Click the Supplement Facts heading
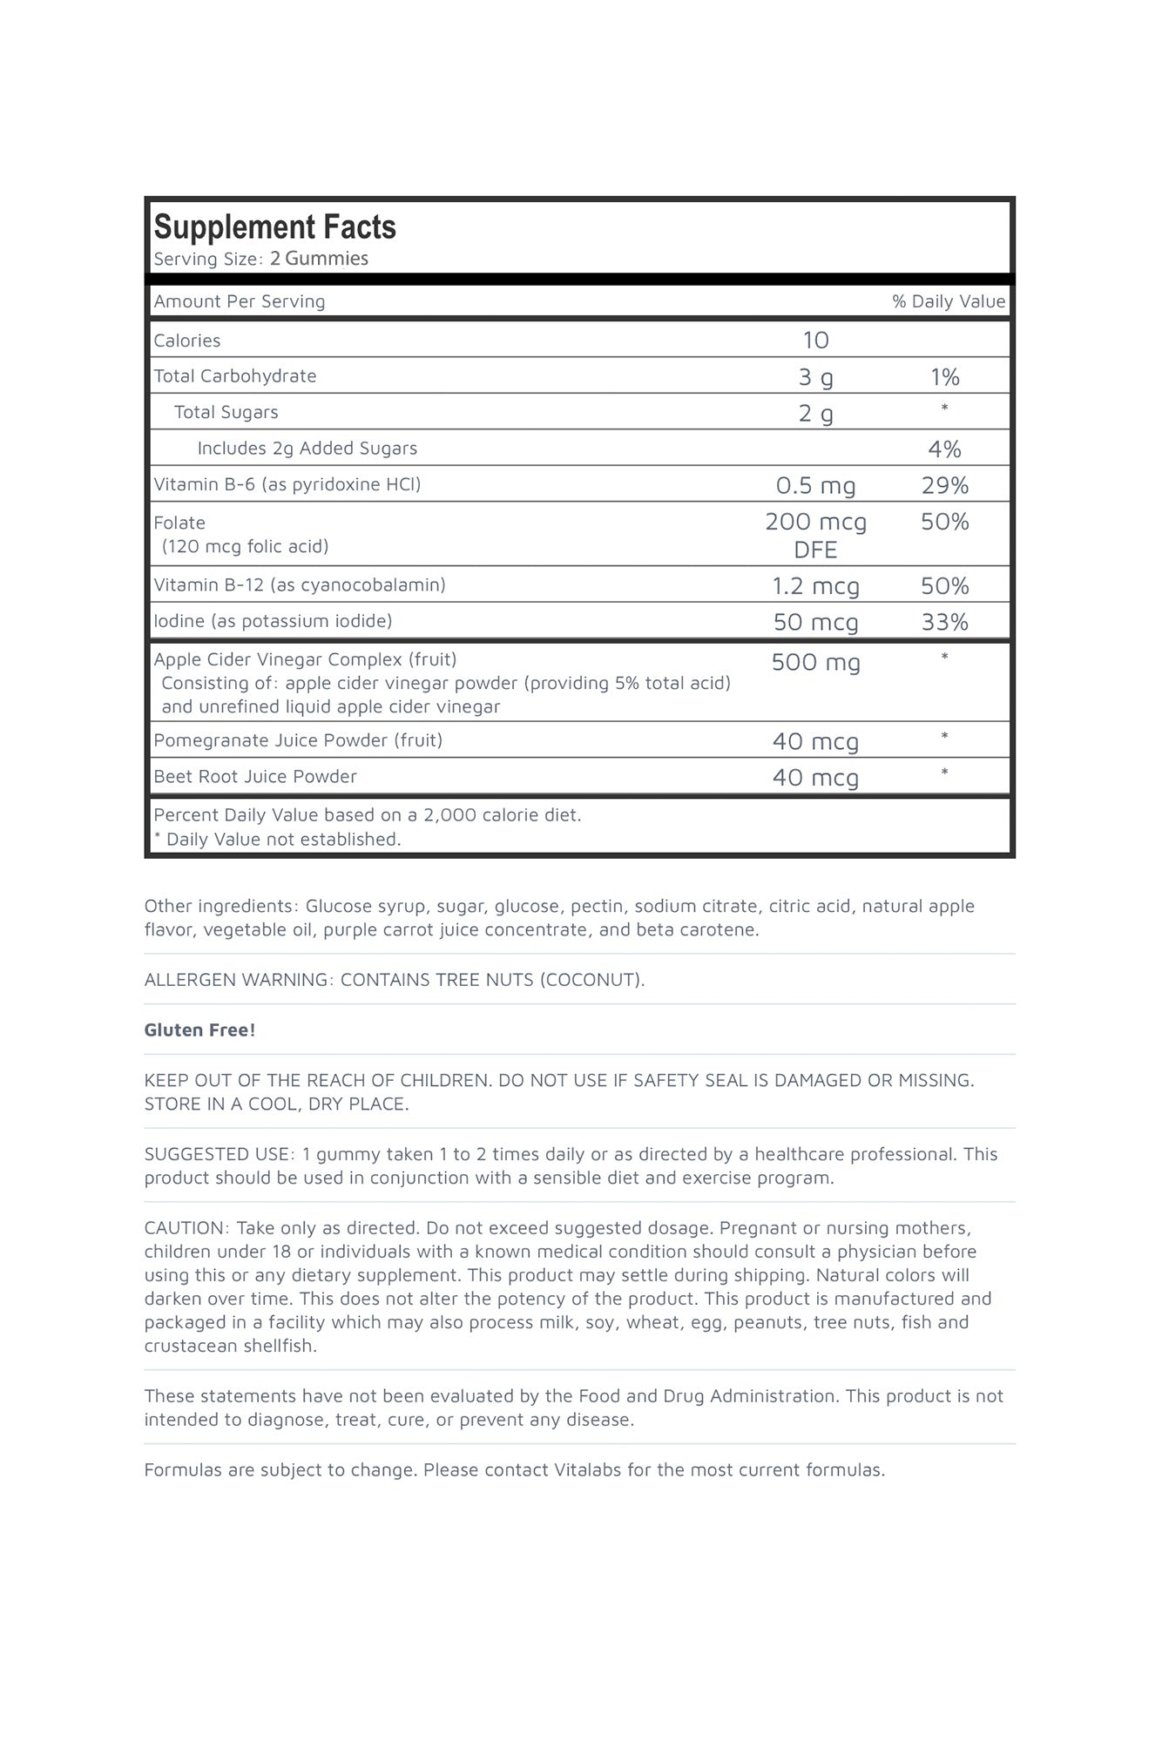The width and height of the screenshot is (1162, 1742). [x=274, y=227]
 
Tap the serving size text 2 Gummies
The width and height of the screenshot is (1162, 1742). [x=319, y=259]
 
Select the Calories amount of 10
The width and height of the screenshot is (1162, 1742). [x=815, y=341]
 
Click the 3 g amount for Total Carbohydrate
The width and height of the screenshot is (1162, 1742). [x=815, y=377]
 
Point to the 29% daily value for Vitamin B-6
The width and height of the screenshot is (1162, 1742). [x=944, y=485]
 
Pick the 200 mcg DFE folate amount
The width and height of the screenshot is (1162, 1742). [x=815, y=535]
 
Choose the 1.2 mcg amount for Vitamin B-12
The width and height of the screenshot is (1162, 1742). [x=815, y=586]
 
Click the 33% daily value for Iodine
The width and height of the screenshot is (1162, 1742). [x=944, y=622]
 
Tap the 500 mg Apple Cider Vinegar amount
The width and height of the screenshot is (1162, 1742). [x=815, y=662]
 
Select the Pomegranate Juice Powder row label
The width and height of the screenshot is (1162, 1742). [x=298, y=740]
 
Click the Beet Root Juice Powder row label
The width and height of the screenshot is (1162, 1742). [x=255, y=777]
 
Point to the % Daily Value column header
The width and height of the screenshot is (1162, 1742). [x=948, y=301]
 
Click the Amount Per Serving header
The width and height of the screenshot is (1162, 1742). [x=240, y=301]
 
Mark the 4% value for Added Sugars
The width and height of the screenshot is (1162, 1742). [x=944, y=449]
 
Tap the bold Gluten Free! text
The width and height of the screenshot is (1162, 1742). [x=199, y=1030]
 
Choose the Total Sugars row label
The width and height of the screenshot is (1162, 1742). [x=226, y=413]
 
